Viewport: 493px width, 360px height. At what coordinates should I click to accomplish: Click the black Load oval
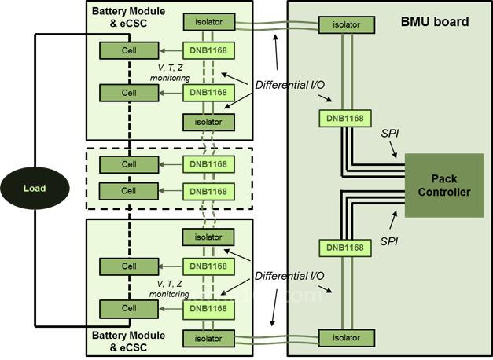point(35,189)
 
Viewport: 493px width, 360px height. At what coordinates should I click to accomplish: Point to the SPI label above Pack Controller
point(389,135)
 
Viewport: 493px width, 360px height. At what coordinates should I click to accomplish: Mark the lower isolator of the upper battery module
point(208,122)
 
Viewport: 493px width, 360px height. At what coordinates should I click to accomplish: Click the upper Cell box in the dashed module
point(128,164)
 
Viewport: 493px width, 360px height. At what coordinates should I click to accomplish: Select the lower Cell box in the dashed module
point(128,191)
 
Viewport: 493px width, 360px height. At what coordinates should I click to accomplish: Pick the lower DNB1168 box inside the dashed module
point(208,191)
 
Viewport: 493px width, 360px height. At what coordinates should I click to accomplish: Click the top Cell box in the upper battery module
point(128,50)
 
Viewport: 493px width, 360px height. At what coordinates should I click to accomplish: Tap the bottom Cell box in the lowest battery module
point(128,307)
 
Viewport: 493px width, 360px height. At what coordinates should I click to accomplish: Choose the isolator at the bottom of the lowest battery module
point(208,338)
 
